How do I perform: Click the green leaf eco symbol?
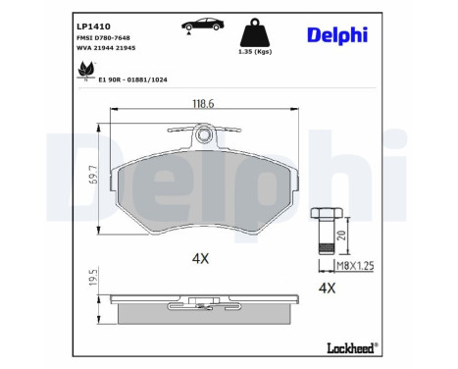(85, 72)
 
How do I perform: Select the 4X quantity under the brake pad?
(201, 258)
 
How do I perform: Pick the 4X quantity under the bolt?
(328, 288)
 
